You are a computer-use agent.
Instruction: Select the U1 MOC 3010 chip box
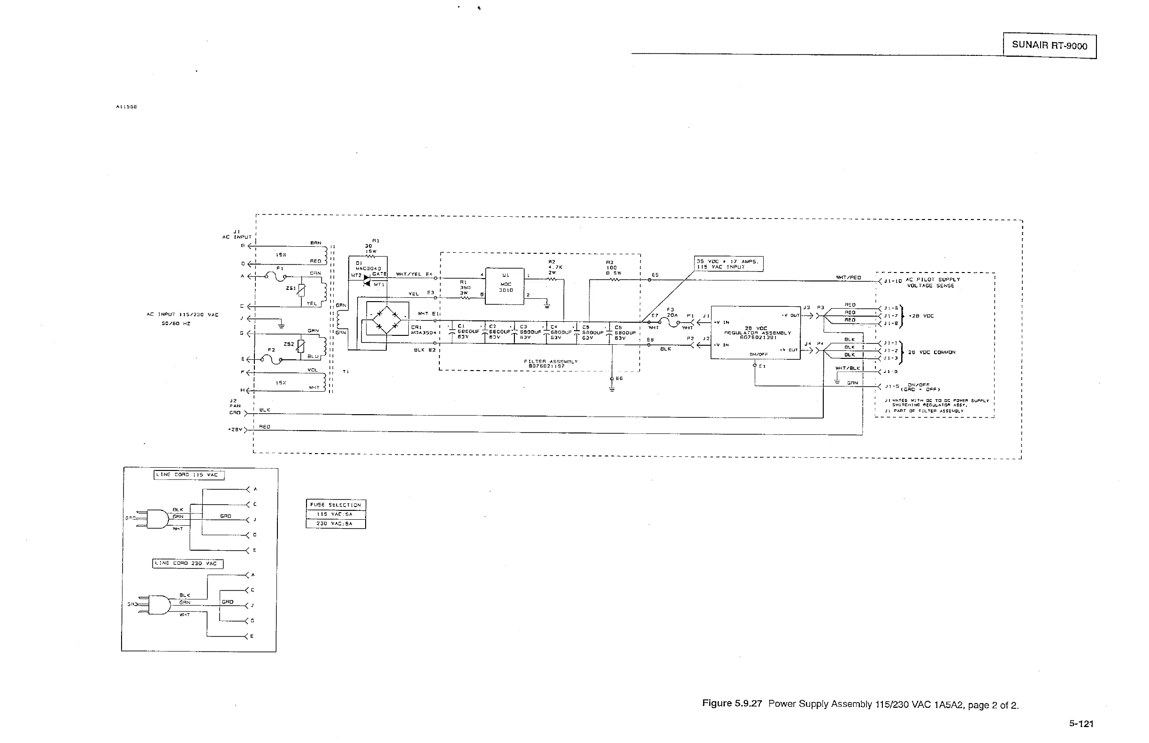click(505, 286)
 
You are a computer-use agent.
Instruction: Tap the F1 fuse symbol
click(275, 276)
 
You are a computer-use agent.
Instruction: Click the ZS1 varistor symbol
click(302, 289)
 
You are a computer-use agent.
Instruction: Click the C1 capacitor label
click(461, 326)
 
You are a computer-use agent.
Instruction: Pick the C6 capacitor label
click(618, 327)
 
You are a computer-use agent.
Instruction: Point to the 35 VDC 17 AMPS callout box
click(728, 264)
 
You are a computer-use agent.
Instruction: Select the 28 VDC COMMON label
click(931, 352)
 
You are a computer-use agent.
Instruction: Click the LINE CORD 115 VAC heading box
click(189, 475)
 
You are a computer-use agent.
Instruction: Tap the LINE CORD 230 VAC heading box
click(188, 563)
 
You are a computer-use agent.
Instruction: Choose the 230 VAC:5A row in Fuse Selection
click(336, 523)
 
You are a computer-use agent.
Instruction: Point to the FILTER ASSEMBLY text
click(551, 361)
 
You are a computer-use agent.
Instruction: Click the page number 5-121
click(1081, 724)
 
